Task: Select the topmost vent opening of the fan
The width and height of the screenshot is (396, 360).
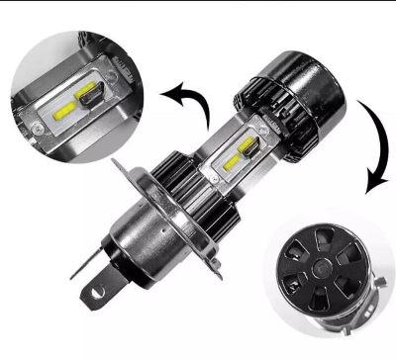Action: coord(312,248)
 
